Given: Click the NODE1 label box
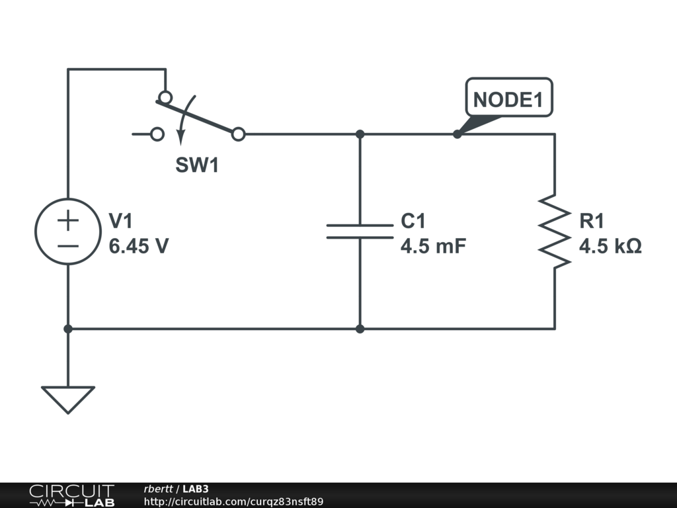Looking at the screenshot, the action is [x=509, y=98].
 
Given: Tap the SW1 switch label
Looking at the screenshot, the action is [x=197, y=165].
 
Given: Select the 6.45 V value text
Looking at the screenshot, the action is [x=139, y=246].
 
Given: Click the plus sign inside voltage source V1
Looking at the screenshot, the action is [x=68, y=220].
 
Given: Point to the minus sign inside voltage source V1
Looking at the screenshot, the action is [x=68, y=247].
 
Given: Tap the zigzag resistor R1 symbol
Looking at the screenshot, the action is [x=555, y=231].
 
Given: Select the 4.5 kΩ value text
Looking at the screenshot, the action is [x=610, y=246].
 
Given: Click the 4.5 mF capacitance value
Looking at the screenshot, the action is [x=433, y=246].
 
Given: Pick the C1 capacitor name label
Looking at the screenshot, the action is [x=413, y=221].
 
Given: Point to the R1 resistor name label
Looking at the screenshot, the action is [x=592, y=221].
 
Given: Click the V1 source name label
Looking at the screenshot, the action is [x=120, y=221].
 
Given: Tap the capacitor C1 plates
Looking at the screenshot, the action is [x=360, y=232].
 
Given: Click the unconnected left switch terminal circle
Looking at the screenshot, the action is [x=157, y=134].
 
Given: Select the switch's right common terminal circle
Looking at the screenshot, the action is [x=238, y=134].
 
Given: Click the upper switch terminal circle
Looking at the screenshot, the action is [x=165, y=97].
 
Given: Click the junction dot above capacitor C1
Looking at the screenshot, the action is [x=360, y=134].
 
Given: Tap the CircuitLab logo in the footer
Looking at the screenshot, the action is [x=71, y=495].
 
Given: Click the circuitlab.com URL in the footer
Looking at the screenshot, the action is [x=233, y=501].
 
